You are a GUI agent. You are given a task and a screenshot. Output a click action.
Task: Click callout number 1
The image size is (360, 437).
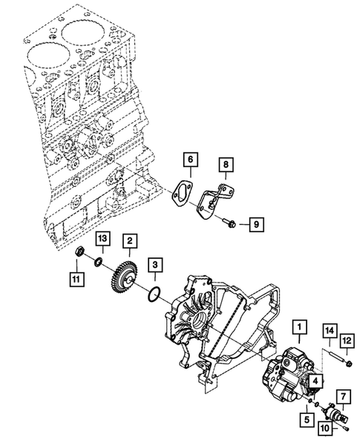(299, 326)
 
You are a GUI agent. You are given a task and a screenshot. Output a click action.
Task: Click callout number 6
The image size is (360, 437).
(189, 159)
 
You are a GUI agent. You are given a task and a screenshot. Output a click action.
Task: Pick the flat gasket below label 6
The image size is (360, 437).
(180, 193)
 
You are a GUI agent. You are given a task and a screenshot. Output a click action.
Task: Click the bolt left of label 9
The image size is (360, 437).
(226, 221)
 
